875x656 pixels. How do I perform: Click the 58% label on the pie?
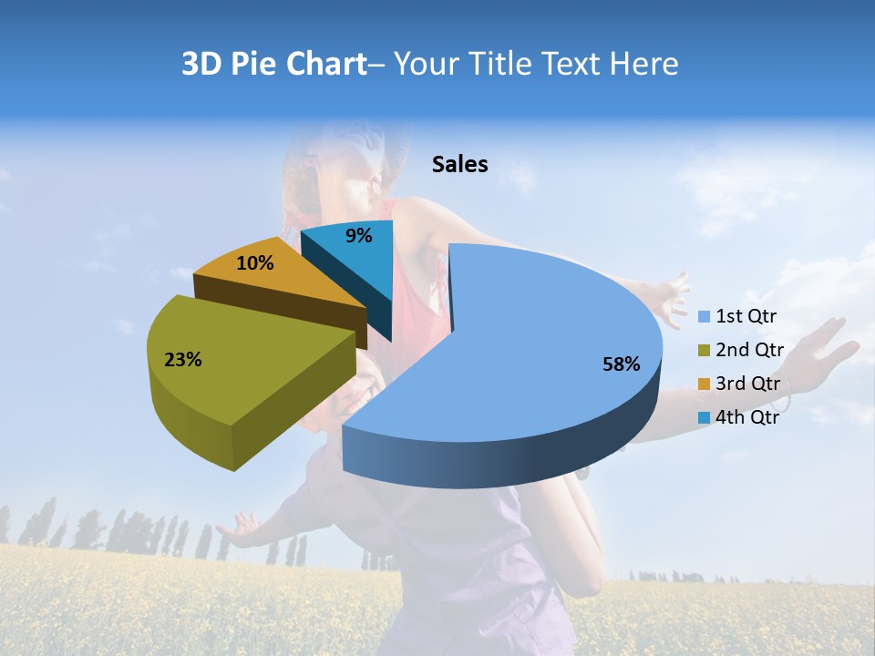(x=621, y=364)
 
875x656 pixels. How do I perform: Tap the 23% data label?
(x=182, y=360)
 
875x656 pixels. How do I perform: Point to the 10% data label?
(x=254, y=263)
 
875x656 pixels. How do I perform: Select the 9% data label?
(x=359, y=236)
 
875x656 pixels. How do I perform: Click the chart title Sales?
(x=460, y=164)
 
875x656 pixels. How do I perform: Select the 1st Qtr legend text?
(x=746, y=317)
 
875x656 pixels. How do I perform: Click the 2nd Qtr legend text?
(x=749, y=350)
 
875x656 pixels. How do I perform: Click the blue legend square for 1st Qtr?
(x=704, y=317)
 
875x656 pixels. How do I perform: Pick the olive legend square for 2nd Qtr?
(x=704, y=351)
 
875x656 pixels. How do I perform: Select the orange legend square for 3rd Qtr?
(x=704, y=384)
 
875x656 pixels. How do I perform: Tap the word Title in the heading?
(x=502, y=64)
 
